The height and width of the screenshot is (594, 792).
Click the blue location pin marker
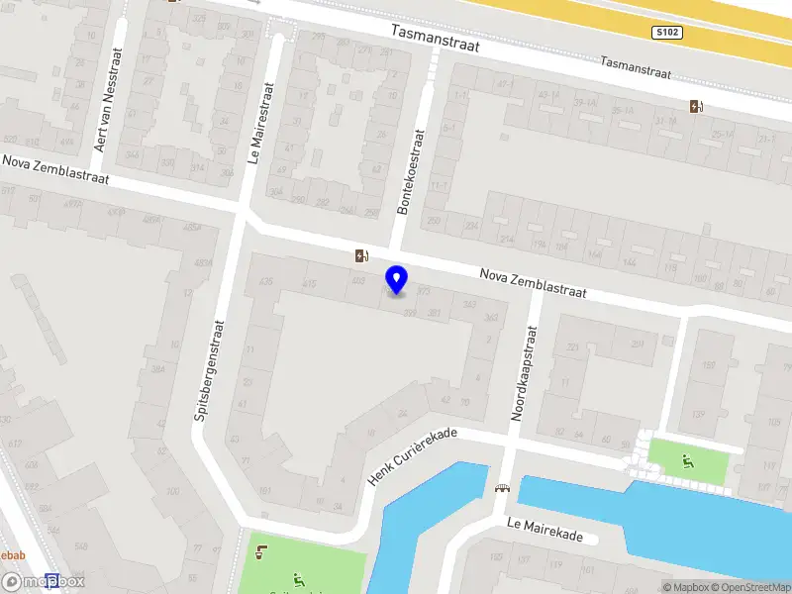(x=397, y=279)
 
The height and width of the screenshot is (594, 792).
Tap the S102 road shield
(x=666, y=33)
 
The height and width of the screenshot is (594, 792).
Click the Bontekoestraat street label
(x=408, y=173)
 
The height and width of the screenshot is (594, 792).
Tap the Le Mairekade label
(x=544, y=530)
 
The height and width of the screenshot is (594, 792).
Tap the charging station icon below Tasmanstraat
(x=696, y=107)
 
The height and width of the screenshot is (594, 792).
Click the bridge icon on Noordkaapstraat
(x=502, y=487)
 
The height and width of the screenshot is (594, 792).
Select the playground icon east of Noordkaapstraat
(x=688, y=459)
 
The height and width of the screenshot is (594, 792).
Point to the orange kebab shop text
(x=12, y=555)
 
